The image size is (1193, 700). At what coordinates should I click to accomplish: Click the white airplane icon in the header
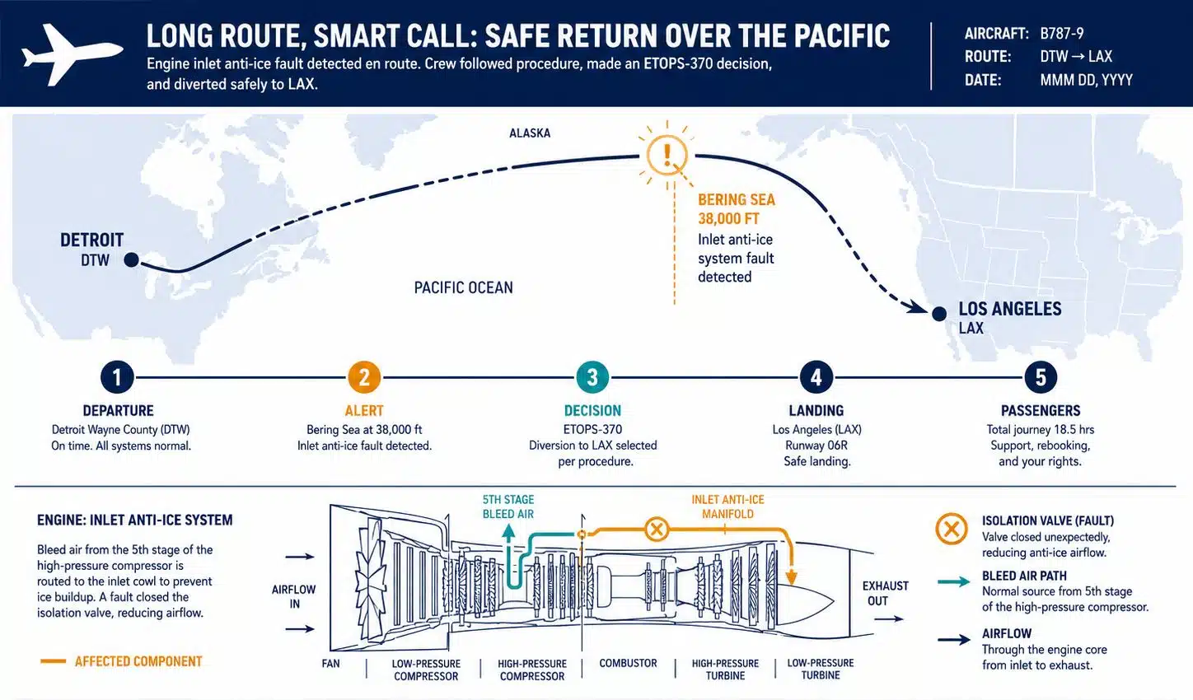[x=72, y=54]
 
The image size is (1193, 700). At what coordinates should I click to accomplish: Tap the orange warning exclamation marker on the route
[x=667, y=154]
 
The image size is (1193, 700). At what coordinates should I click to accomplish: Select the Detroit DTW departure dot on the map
[x=132, y=259]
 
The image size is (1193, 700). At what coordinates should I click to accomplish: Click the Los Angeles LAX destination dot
[x=939, y=314]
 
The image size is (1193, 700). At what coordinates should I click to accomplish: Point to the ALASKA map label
[x=530, y=133]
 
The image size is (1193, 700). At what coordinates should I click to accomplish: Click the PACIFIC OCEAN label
[x=463, y=287]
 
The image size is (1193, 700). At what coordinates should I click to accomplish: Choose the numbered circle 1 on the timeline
[x=117, y=377]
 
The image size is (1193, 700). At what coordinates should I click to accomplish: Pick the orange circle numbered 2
[x=364, y=377]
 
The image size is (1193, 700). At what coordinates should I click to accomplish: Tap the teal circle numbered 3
[x=592, y=377]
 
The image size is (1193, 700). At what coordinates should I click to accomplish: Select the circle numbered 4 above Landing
[x=816, y=377]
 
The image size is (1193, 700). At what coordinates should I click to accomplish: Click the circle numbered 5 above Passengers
[x=1041, y=377]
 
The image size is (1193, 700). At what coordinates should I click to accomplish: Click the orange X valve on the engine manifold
[x=657, y=530]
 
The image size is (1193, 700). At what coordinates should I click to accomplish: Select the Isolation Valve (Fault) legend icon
[x=952, y=529]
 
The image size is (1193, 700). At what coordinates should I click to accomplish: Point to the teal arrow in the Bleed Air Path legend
[x=954, y=582]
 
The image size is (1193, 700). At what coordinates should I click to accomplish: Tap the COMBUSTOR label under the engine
[x=628, y=663]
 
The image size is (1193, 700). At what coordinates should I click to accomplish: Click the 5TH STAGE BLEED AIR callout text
[x=508, y=506]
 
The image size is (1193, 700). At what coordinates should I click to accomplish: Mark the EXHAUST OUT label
[x=885, y=593]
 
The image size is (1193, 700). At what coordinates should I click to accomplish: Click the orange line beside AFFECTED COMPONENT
[x=54, y=661]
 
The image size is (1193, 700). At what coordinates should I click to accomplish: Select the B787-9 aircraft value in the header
[x=1061, y=34]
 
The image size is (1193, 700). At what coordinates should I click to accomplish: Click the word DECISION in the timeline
[x=592, y=410]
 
